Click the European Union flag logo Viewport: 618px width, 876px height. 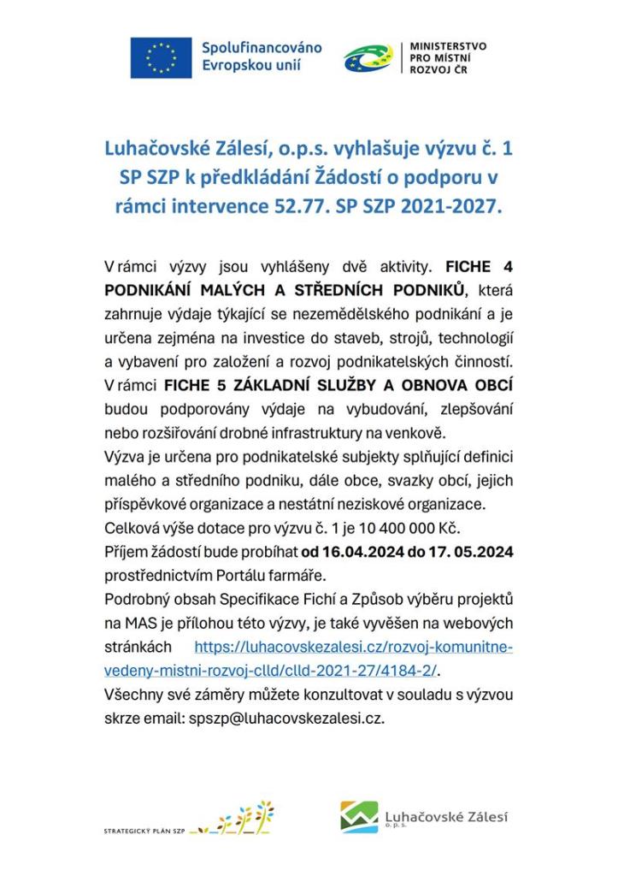click(x=161, y=58)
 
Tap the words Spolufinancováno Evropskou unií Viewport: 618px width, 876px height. click(x=261, y=56)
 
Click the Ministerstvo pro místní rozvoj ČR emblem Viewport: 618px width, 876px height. click(x=368, y=58)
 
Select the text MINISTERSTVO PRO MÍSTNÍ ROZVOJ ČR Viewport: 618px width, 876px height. click(x=448, y=57)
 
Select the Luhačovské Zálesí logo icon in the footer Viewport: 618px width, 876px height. click(x=359, y=815)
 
